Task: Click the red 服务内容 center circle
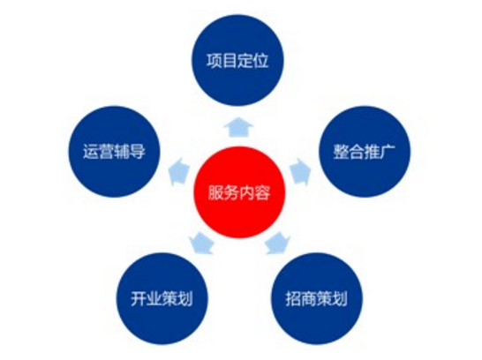click(x=239, y=192)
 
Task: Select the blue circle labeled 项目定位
click(x=237, y=60)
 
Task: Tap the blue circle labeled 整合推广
click(x=365, y=152)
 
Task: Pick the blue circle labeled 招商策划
click(x=317, y=298)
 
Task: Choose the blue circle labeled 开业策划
click(x=162, y=298)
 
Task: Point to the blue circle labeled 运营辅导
click(x=115, y=152)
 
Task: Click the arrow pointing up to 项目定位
click(x=238, y=127)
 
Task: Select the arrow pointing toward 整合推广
click(x=300, y=171)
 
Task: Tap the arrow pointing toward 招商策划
click(x=278, y=244)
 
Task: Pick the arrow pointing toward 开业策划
click(x=201, y=244)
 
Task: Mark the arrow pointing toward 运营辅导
click(x=179, y=171)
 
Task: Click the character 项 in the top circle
click(x=215, y=61)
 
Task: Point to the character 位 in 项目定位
click(x=261, y=61)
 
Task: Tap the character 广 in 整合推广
click(x=388, y=152)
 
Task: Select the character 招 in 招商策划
click(x=294, y=298)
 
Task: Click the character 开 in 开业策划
click(x=139, y=298)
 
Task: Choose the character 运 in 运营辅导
click(x=91, y=152)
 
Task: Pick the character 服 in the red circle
click(x=216, y=193)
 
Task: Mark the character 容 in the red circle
click(x=263, y=193)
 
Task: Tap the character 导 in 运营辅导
click(x=138, y=152)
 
